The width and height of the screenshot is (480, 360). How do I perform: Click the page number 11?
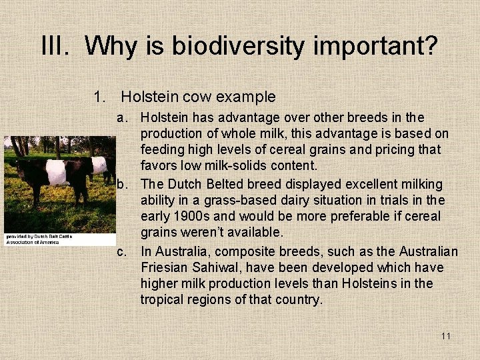(445, 336)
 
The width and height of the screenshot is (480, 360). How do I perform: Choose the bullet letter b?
(123, 184)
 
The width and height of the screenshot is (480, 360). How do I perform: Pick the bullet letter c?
(122, 252)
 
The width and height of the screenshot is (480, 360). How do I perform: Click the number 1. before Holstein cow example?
(101, 97)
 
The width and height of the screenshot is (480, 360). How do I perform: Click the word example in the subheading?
(247, 97)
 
